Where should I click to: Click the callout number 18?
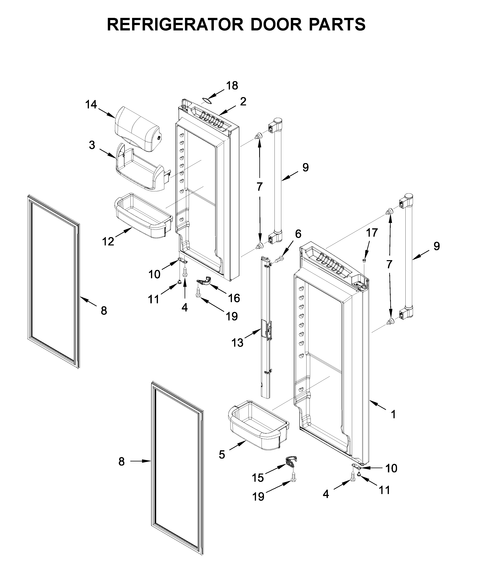232,86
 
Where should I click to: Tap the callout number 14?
91,104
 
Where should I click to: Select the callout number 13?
237,343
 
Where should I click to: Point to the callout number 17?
372,233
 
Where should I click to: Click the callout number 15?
258,478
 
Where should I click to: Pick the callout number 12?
108,241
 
